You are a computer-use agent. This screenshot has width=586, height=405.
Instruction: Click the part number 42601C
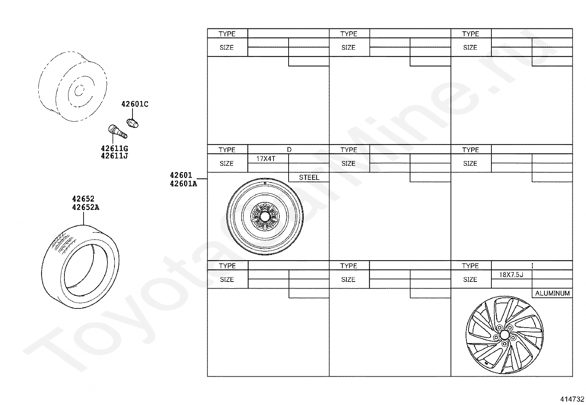pyautogui.click(x=135, y=104)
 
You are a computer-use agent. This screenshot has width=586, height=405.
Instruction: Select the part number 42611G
pyautogui.click(x=114, y=149)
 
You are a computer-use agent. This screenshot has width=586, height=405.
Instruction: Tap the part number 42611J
pyautogui.click(x=114, y=156)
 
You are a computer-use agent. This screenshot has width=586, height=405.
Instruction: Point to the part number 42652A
pyautogui.click(x=86, y=207)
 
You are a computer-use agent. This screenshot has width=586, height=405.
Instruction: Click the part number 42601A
pyautogui.click(x=183, y=184)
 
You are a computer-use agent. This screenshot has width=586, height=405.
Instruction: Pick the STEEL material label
pyautogui.click(x=309, y=177)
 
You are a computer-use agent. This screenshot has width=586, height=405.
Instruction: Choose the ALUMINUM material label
pyautogui.click(x=552, y=293)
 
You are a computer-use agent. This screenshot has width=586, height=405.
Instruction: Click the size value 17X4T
pyautogui.click(x=266, y=159)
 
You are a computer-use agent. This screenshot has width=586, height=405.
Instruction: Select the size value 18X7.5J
pyautogui.click(x=511, y=275)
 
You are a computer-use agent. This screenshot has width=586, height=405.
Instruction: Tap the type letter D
pyautogui.click(x=289, y=150)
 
